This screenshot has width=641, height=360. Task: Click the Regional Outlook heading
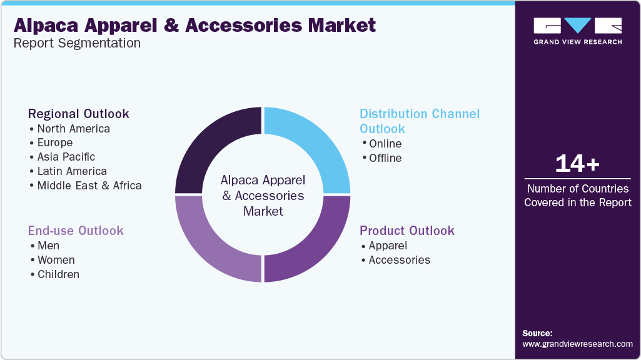(x=79, y=114)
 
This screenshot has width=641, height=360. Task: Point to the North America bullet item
(x=70, y=129)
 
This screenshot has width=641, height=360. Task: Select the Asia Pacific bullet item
(x=63, y=157)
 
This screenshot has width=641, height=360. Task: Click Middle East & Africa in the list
(x=86, y=186)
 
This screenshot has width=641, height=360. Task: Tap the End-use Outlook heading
(x=76, y=231)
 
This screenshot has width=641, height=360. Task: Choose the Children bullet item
(x=55, y=274)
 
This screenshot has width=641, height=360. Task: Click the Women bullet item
(x=53, y=260)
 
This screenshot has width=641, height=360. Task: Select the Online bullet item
(x=382, y=144)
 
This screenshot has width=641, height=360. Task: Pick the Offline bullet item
(x=382, y=158)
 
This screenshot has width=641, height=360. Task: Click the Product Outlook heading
(x=407, y=231)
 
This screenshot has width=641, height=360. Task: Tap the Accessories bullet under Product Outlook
(x=396, y=260)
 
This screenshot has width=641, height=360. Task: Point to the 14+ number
(x=577, y=164)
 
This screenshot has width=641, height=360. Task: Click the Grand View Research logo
(x=578, y=31)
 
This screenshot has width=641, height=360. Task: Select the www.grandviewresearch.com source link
(x=578, y=344)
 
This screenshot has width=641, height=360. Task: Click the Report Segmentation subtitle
(x=77, y=43)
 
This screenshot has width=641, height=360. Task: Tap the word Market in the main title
(x=341, y=26)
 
